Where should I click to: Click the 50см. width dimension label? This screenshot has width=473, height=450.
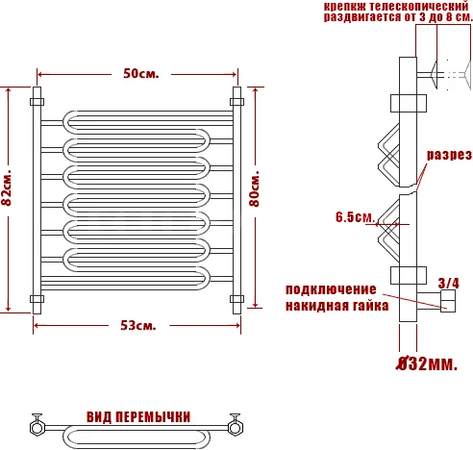tap(141, 74)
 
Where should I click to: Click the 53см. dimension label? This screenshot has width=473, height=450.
tap(138, 326)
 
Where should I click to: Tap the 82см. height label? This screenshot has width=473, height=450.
tap(7, 187)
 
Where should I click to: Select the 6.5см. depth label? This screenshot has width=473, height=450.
tap(355, 217)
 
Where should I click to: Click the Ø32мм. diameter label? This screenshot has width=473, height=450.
tap(427, 364)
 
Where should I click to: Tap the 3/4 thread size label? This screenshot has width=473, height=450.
tap(448, 283)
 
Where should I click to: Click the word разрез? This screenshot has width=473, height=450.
tap(449, 156)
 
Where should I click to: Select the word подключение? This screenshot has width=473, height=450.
tap(331, 289)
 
